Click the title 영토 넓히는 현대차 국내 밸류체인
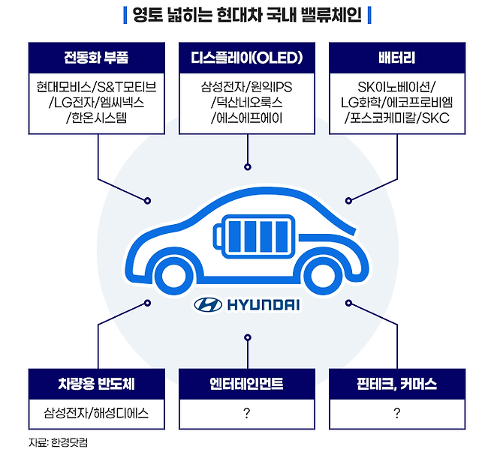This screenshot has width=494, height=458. tap(247, 15)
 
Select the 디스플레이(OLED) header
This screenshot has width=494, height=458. tap(247, 57)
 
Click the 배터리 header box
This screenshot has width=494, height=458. tap(397, 57)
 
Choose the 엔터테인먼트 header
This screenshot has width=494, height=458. tap(247, 385)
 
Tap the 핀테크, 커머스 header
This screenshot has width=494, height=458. tap(397, 385)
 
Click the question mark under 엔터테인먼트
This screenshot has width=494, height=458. tap(247, 412)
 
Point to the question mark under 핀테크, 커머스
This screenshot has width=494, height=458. tap(397, 412)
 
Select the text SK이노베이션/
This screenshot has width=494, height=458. tap(397, 87)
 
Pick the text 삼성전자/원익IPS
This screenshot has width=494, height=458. tap(247, 87)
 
